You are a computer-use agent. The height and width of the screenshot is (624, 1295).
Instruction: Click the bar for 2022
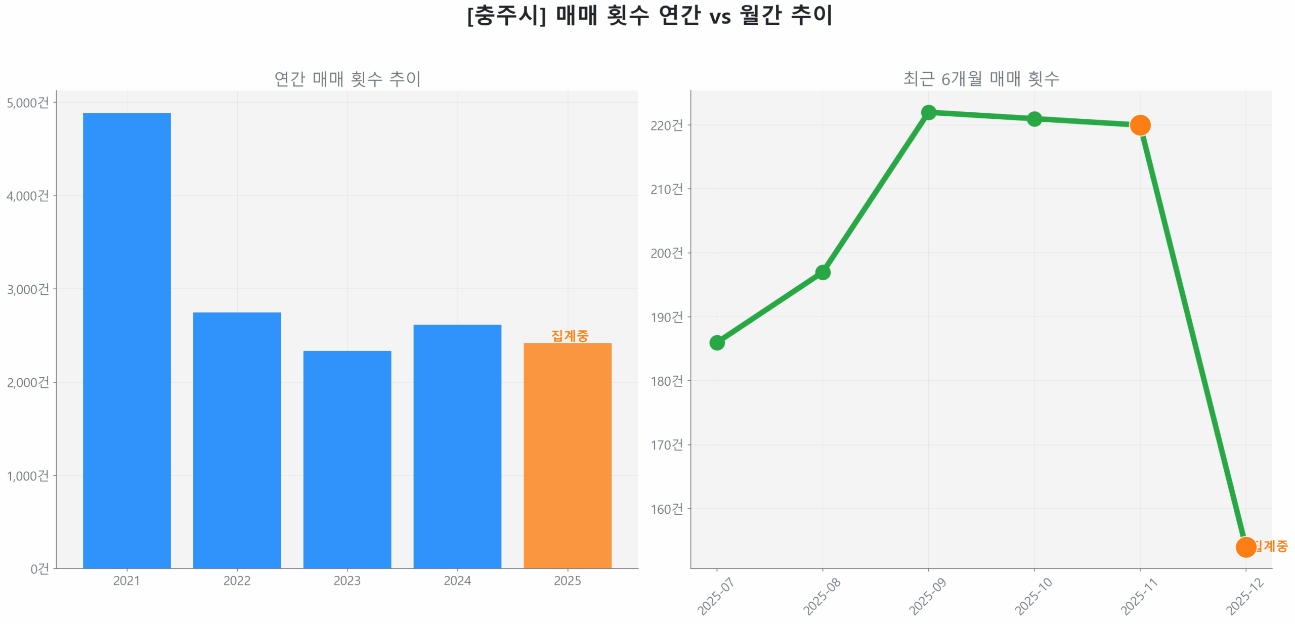pos(237,439)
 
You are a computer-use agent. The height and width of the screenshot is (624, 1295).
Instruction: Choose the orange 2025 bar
pos(567,455)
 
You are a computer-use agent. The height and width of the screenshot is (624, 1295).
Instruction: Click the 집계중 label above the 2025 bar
pos(570,335)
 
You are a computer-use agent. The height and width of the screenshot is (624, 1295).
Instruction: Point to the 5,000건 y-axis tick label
pos(28,103)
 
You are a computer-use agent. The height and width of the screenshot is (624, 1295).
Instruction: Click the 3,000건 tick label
pos(28,289)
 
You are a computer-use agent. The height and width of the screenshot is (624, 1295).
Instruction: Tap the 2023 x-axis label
pos(347,581)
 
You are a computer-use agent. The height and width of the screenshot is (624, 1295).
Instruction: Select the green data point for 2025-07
pos(717,343)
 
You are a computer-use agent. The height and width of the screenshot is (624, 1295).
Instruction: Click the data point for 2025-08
pos(823,273)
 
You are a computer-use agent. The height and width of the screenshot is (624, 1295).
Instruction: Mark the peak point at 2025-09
pos(928,112)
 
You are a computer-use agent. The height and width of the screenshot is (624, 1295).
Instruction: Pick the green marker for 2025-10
pos(1034,119)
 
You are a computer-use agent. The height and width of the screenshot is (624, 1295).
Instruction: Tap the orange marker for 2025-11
pos(1140,125)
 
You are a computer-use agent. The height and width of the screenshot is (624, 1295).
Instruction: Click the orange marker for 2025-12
pos(1245,547)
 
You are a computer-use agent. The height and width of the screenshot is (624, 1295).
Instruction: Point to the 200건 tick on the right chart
pos(666,253)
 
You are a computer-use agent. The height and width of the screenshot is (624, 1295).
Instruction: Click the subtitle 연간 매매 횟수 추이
pos(347,79)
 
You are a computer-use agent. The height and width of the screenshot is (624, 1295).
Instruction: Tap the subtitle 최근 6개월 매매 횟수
pos(981,79)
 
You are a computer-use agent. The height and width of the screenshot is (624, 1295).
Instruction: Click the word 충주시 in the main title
pos(506,15)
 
